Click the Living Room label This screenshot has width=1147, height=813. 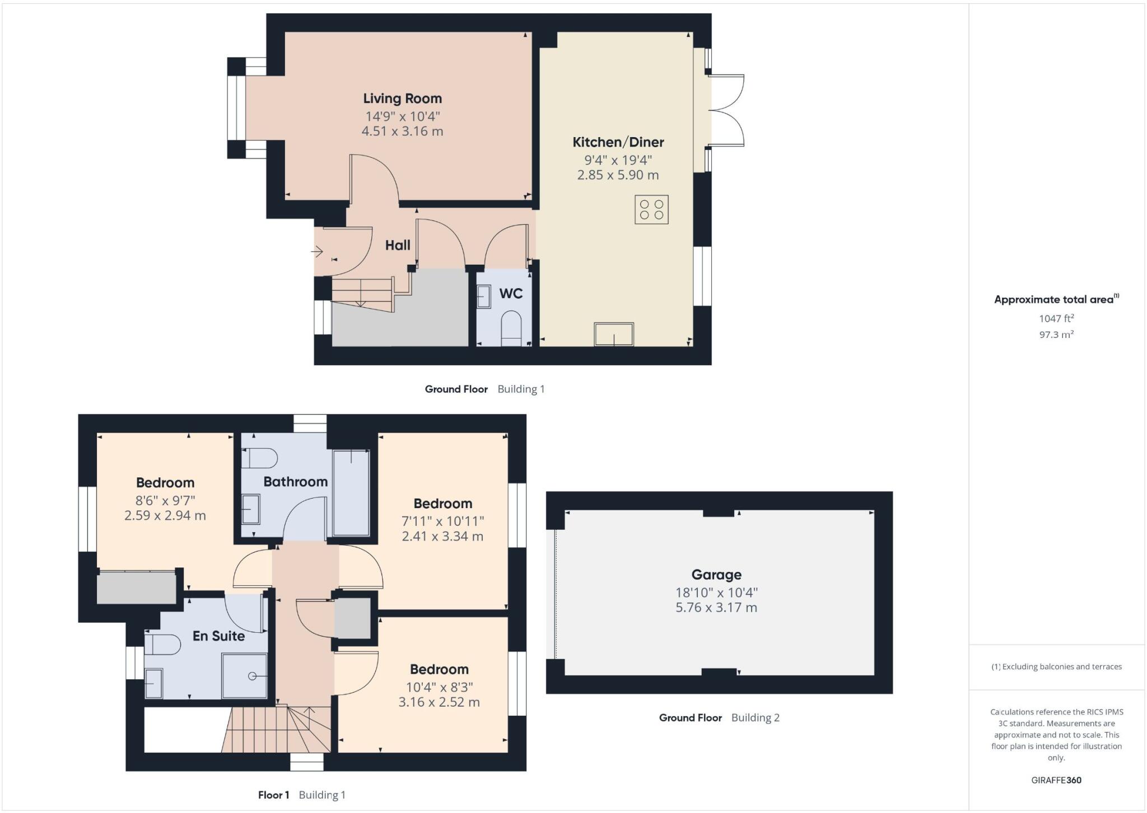(x=402, y=98)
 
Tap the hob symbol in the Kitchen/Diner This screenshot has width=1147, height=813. (x=651, y=209)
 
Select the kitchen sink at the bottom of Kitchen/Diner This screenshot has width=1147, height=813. (x=614, y=334)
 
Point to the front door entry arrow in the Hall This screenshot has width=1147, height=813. (x=317, y=252)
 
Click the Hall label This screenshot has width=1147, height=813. (x=398, y=245)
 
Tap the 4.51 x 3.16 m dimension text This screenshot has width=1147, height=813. (x=402, y=131)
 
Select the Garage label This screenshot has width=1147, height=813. (x=716, y=575)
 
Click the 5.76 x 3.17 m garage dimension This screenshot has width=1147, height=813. (x=716, y=608)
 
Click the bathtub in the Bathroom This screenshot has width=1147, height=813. (x=351, y=492)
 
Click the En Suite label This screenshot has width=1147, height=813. (x=218, y=636)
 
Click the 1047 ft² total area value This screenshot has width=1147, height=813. (x=1056, y=318)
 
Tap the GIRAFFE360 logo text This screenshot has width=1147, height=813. (x=1056, y=780)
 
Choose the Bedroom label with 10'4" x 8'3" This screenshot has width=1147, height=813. (x=439, y=669)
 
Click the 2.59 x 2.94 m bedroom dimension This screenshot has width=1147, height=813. (x=165, y=515)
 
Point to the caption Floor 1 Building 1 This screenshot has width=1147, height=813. (x=301, y=795)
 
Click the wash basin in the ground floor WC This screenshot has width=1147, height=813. (x=484, y=297)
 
